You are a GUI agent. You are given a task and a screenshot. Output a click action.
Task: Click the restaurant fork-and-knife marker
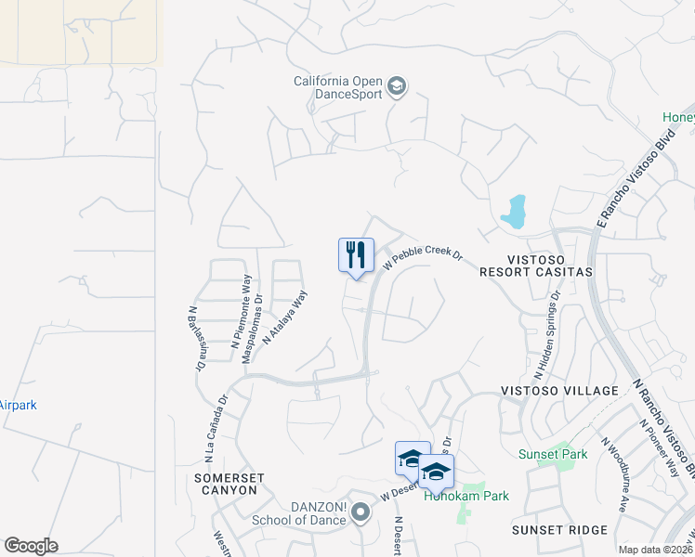click(x=356, y=255)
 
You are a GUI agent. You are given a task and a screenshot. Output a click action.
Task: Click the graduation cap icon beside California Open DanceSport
click(x=397, y=87)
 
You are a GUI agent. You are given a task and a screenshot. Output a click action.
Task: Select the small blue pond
click(x=514, y=213)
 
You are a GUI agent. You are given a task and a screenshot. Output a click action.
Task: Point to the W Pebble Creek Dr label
click(x=424, y=256)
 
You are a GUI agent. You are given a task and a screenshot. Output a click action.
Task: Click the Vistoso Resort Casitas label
click(x=535, y=265)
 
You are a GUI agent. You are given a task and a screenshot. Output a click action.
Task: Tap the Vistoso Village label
click(x=558, y=391)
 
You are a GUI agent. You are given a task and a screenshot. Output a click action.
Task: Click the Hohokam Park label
click(x=466, y=496)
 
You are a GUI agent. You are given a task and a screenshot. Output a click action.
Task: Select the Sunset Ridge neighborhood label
click(x=559, y=529)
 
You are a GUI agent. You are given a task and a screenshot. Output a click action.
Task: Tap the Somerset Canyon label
click(x=229, y=484)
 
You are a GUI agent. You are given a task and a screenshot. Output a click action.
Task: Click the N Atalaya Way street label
click(x=284, y=317)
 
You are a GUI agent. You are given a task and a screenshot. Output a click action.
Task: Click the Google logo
click(x=31, y=546)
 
